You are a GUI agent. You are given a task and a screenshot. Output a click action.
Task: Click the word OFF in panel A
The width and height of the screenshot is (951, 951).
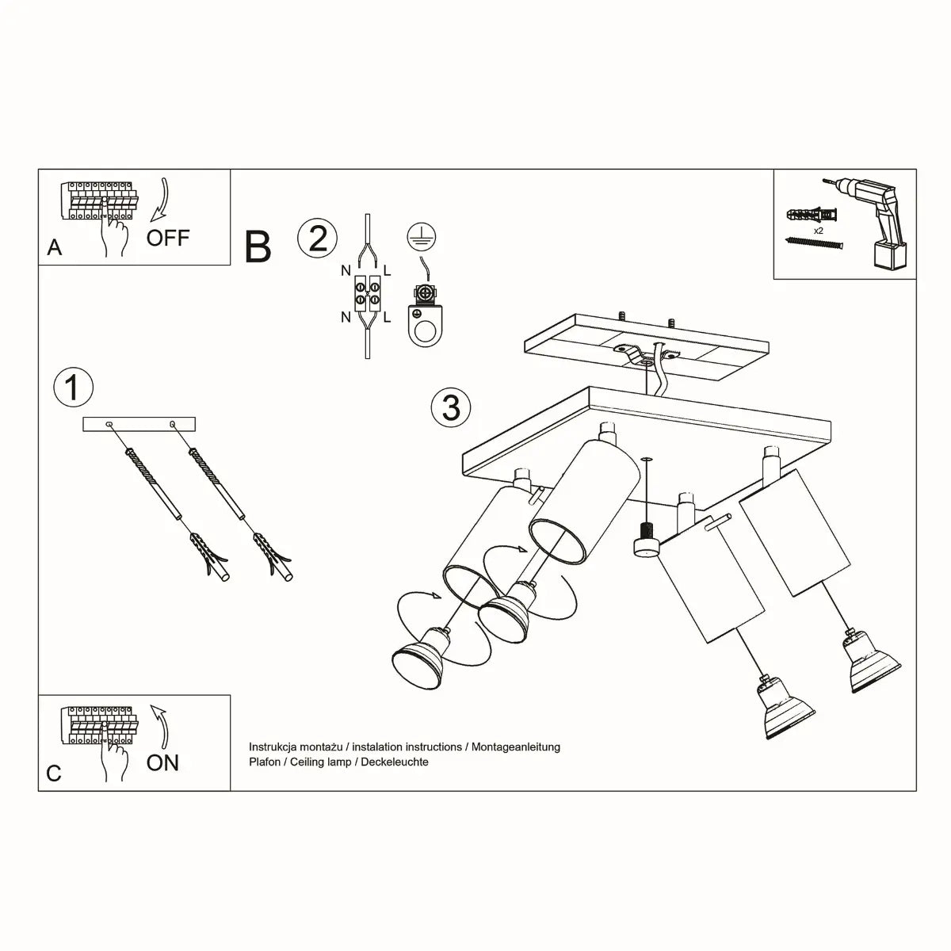tap(168, 237)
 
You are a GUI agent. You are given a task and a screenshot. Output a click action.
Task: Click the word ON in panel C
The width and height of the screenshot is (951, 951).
tap(162, 762)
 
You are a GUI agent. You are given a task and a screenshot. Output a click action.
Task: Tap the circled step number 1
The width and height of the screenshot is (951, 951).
tap(73, 388)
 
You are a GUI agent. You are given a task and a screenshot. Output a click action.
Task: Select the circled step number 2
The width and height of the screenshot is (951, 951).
tap(317, 239)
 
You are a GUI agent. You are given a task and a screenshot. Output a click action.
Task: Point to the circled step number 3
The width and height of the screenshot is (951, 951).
tap(451, 407)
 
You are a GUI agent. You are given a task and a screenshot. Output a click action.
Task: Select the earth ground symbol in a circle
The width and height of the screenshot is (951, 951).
tap(422, 235)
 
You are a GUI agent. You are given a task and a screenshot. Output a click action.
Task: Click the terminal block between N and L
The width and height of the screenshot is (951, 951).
tap(366, 293)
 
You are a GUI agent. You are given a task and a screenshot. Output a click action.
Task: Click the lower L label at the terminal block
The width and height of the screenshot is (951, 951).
tap(387, 318)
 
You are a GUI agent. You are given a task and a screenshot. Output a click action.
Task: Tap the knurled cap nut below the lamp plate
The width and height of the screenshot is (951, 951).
tap(647, 540)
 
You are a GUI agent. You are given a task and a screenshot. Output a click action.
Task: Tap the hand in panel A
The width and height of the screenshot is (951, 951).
tap(115, 233)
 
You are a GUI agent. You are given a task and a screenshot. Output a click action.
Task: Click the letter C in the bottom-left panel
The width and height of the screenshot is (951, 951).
tap(54, 773)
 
